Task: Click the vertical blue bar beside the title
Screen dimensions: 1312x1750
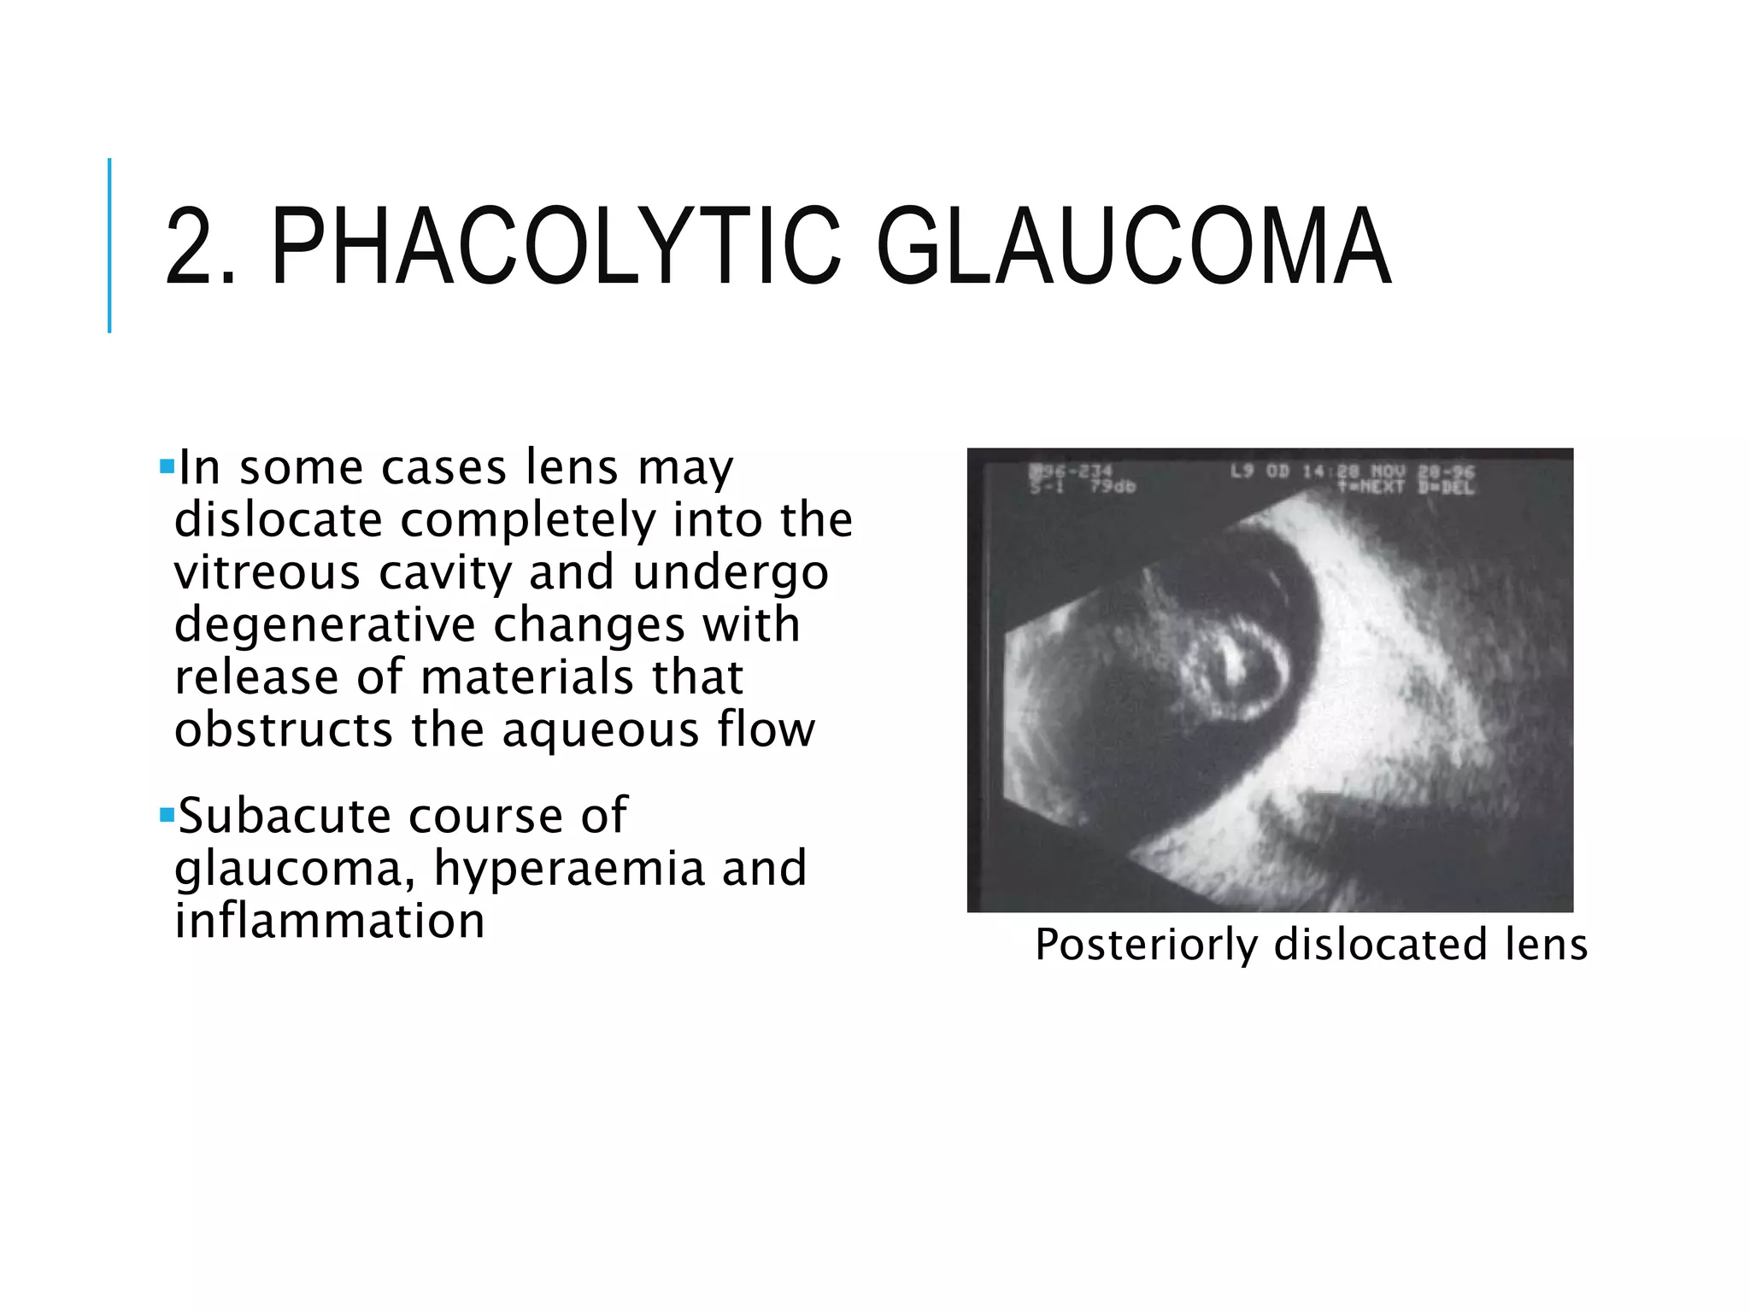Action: [109, 245]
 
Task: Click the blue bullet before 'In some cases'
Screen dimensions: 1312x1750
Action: [167, 467]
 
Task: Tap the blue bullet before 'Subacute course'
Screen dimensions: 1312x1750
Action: [167, 814]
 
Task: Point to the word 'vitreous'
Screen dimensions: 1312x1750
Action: [267, 571]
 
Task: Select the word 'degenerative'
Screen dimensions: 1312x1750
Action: [324, 624]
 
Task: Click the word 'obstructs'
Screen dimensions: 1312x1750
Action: [283, 729]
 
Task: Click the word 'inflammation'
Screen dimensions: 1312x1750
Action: [329, 921]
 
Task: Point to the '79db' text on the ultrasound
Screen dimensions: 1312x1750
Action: [1112, 487]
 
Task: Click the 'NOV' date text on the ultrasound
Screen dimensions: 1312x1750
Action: [1389, 471]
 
